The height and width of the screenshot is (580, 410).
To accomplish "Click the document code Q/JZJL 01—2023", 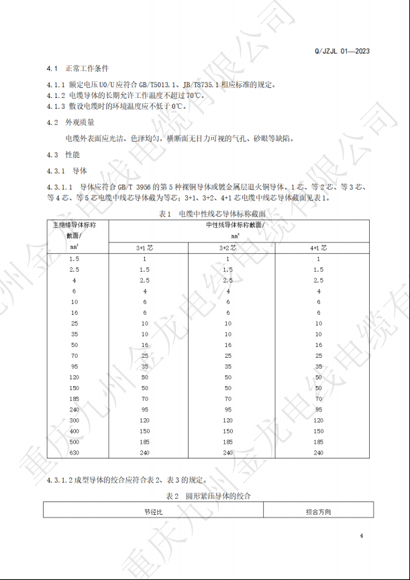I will coord(342,51).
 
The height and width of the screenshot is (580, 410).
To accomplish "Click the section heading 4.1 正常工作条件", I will coord(77,69).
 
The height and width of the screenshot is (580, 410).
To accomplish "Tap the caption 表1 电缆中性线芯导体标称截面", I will coord(205,213).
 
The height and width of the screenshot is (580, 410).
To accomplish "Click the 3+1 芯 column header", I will coord(144,247).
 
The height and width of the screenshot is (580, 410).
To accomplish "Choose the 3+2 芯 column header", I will coord(228,247).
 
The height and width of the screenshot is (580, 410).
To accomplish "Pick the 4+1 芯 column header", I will coord(318,247).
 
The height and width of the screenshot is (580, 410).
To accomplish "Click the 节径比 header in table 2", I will coord(154,512).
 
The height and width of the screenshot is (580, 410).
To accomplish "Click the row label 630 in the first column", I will coord(74,453).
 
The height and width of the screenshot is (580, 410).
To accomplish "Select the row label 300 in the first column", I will coord(74,420).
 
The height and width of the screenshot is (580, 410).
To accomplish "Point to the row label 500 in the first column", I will coord(74,442).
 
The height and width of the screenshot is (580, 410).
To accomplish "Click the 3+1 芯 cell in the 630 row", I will coord(144,453).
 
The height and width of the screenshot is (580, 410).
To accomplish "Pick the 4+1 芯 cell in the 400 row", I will coord(318,431).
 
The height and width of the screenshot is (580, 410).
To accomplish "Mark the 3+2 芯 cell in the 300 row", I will coord(228,420).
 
